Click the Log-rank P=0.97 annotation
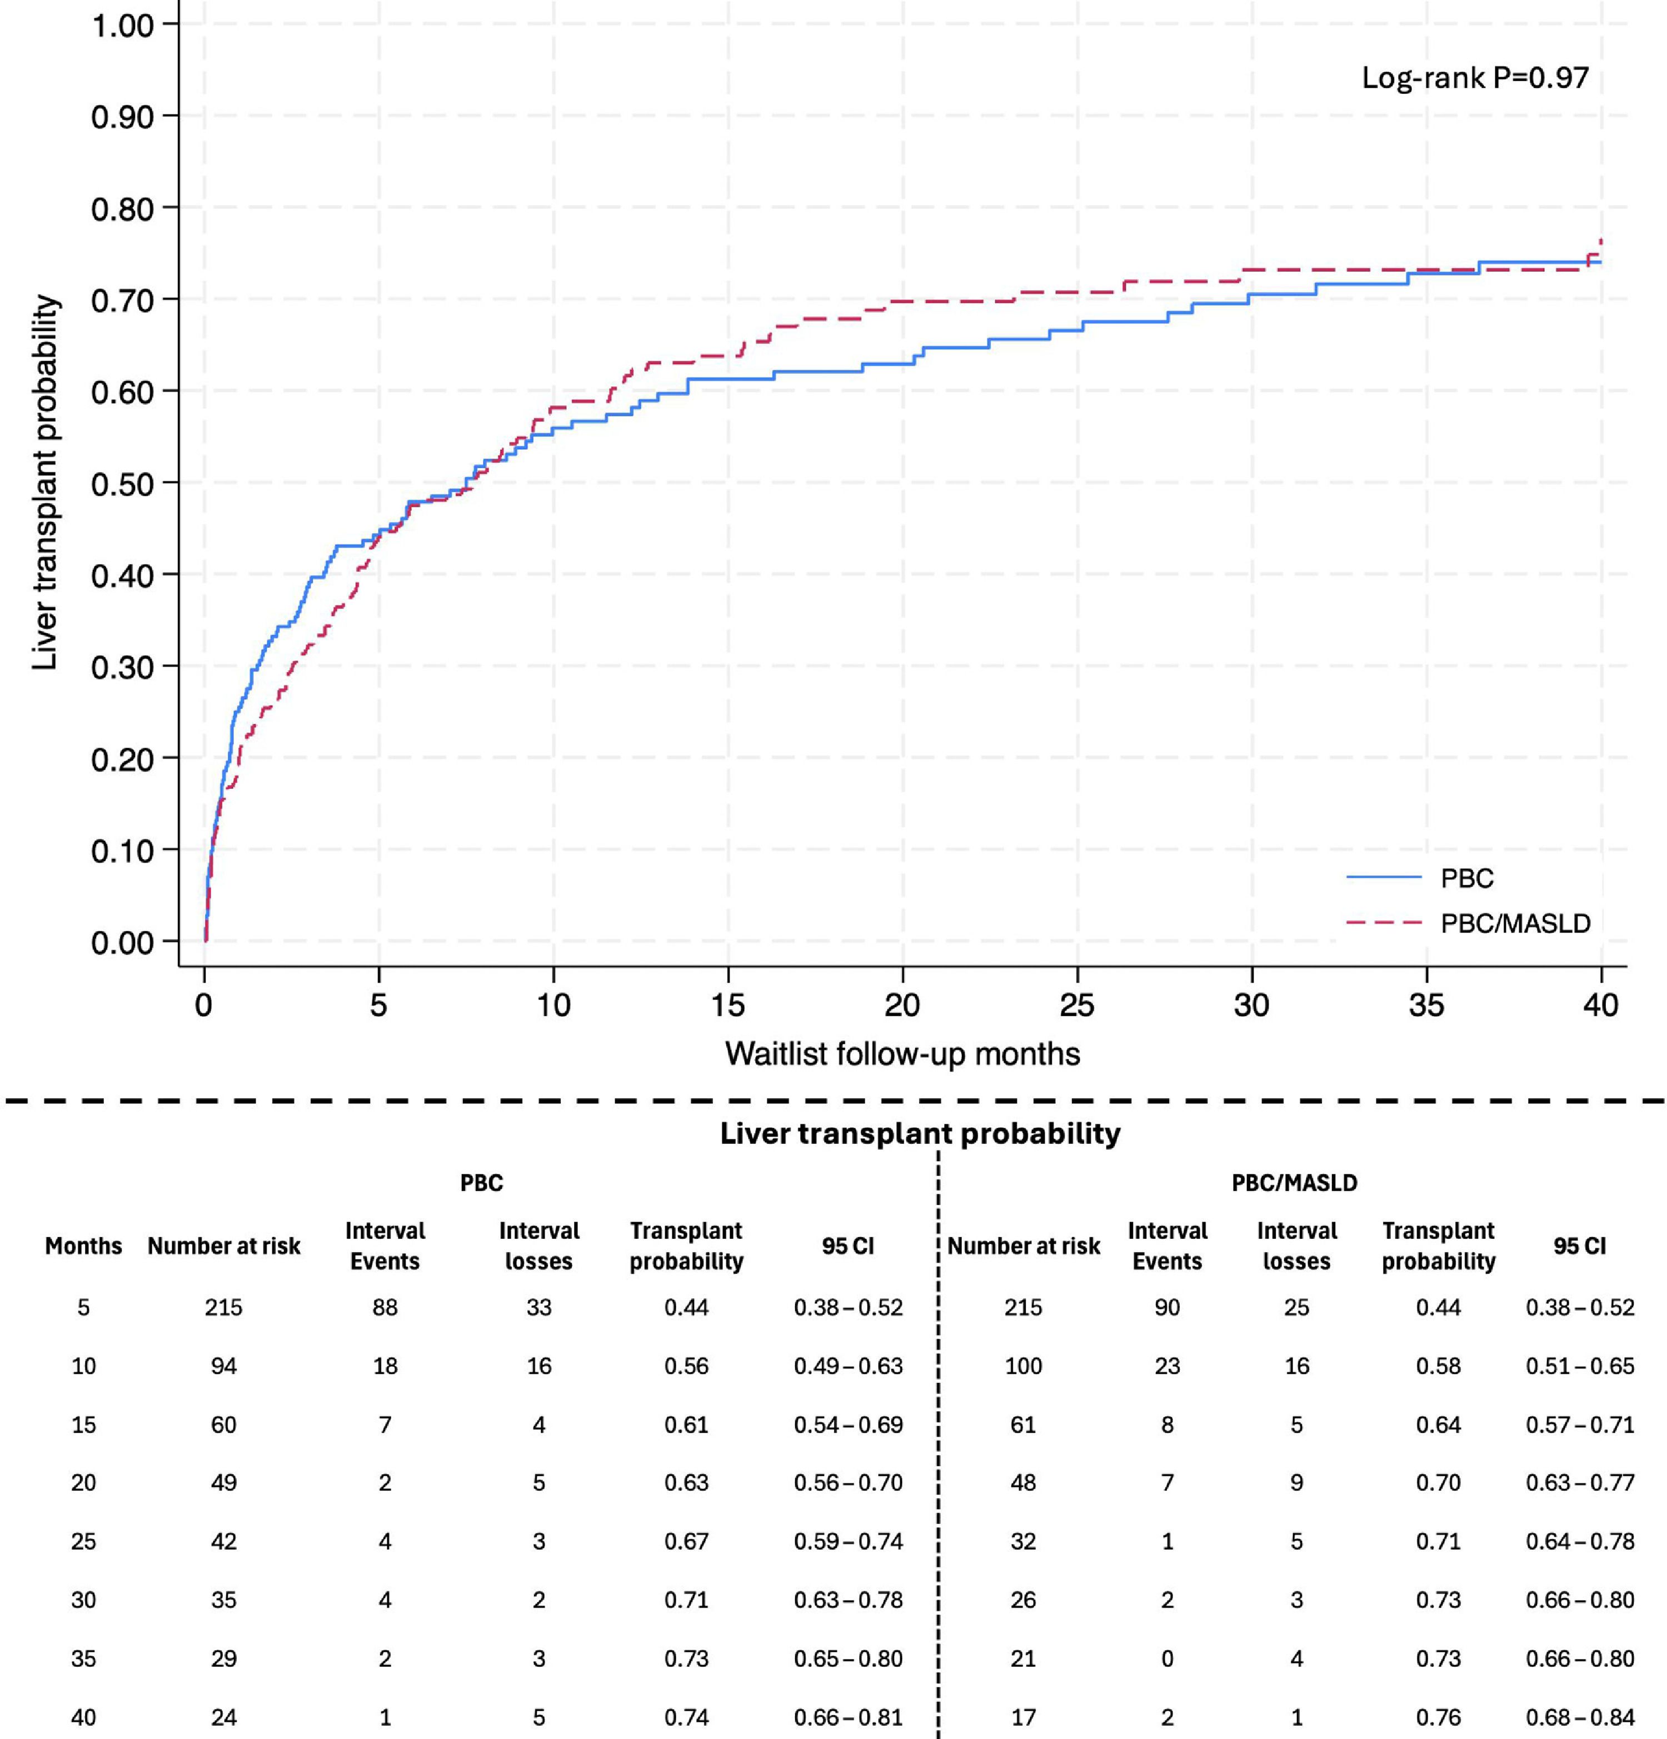tap(1475, 78)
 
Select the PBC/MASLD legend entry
tap(1468, 924)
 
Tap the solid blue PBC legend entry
tap(1420, 878)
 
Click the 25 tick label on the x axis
tap(1077, 1005)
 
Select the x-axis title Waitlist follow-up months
tap(902, 1054)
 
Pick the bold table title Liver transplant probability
tap(920, 1133)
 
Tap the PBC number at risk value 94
tap(223, 1366)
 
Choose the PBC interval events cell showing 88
tap(385, 1307)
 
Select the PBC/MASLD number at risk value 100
tap(1023, 1366)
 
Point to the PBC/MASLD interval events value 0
tap(1167, 1658)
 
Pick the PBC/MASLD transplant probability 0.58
tap(1438, 1366)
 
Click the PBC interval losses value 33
tap(538, 1307)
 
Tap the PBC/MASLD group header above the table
tap(1294, 1183)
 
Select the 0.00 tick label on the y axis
tap(122, 942)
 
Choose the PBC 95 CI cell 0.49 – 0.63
tap(848, 1366)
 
